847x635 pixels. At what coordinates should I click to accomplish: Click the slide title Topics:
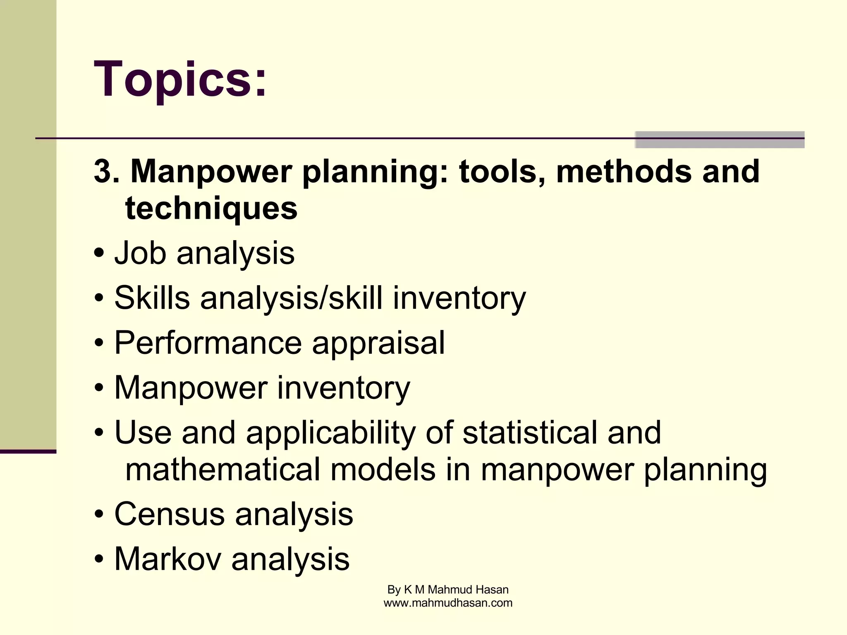180,79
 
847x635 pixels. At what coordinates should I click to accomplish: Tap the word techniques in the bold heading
211,208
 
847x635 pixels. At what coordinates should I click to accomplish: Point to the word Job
140,253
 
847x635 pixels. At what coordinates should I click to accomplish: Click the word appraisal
378,343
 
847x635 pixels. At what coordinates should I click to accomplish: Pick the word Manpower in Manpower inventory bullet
191,388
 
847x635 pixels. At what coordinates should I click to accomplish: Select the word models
383,470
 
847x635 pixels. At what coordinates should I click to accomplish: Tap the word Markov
167,559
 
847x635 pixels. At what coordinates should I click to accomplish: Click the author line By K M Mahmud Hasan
448,590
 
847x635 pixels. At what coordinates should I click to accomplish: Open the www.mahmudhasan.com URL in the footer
448,603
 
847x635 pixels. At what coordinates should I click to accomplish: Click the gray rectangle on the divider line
719,139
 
